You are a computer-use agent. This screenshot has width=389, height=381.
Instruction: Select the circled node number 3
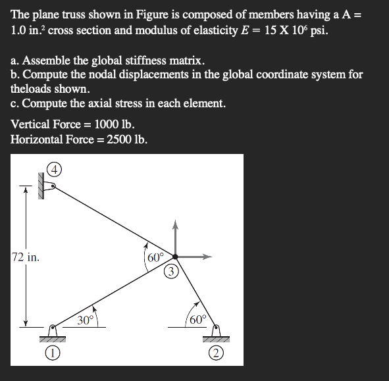pos(171,270)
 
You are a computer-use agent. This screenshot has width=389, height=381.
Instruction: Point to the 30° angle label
pos(86,320)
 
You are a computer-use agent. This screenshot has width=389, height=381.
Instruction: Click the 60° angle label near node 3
pos(155,257)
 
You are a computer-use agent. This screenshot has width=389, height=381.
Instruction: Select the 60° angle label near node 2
pos(197,320)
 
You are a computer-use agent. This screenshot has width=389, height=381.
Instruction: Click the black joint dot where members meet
pos(175,257)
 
